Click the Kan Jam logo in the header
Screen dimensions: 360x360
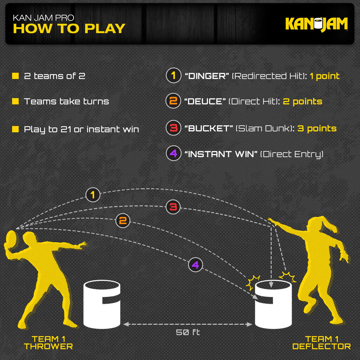(x=316, y=24)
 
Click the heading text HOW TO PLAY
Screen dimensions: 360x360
(x=69, y=29)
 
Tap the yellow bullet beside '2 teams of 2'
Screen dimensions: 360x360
(x=15, y=76)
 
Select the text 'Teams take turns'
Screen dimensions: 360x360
(x=66, y=101)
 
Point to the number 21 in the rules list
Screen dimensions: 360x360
(x=66, y=129)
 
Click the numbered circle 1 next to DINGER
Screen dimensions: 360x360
(x=173, y=76)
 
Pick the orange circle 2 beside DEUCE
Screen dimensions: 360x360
(x=173, y=101)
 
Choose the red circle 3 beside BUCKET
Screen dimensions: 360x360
(x=173, y=128)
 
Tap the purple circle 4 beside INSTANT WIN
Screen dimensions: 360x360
(x=173, y=153)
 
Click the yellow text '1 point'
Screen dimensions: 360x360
(x=324, y=76)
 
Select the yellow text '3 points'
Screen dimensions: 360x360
(x=317, y=128)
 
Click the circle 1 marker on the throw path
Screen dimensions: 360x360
(x=93, y=195)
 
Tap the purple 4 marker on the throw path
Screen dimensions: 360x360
(x=195, y=264)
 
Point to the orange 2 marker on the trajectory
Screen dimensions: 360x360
(x=123, y=221)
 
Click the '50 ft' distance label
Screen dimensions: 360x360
(x=188, y=332)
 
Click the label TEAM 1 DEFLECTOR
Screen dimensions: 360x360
(x=321, y=343)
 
